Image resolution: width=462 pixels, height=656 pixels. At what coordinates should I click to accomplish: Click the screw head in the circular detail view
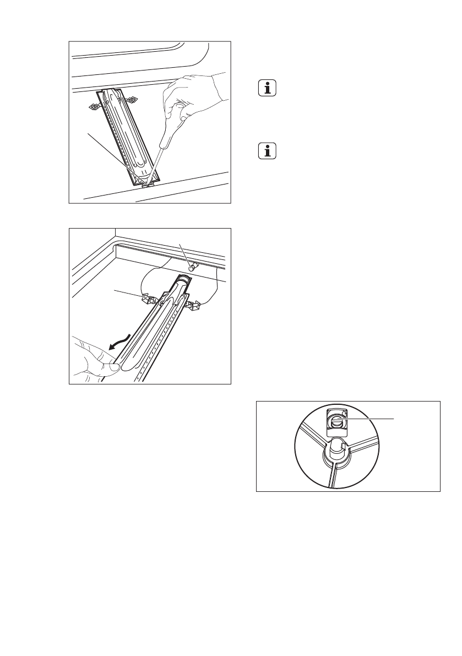pyautogui.click(x=335, y=421)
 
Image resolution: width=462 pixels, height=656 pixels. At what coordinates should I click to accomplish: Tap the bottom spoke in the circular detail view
pyautogui.click(x=332, y=477)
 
